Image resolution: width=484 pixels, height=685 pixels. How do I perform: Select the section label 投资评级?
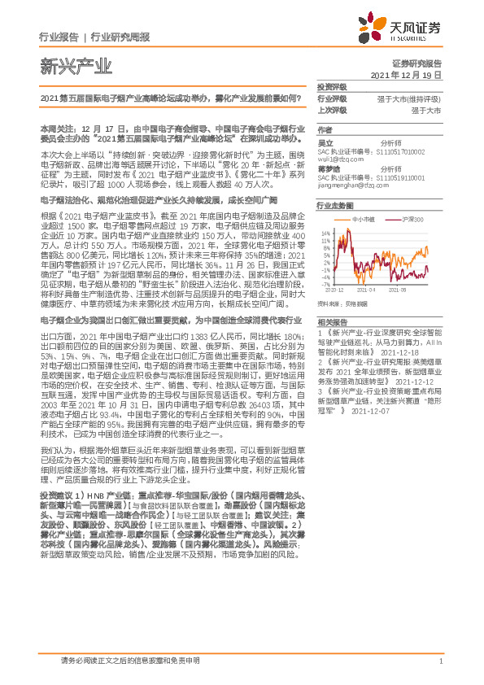(332, 86)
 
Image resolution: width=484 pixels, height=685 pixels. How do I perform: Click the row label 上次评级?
(332, 109)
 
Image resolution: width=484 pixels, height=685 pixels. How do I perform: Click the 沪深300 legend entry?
(413, 219)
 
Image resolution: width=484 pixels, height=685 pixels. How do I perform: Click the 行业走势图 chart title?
(336, 207)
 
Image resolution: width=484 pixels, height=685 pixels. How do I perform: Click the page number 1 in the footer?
(440, 661)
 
